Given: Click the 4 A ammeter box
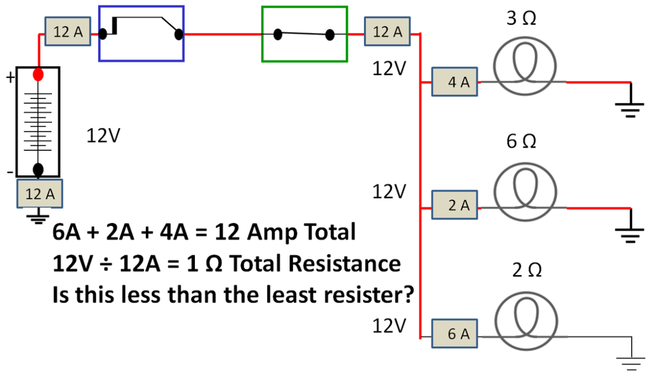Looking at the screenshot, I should pos(454,83).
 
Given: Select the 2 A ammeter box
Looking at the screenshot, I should pos(454,207).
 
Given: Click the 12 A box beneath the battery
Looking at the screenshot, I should pos(40,193).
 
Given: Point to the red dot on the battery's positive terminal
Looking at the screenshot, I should pos(38,75).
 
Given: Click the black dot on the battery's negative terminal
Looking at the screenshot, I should pos(38,169).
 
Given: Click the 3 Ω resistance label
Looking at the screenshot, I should pos(521,18).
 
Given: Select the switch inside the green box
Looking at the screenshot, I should pos(304,34).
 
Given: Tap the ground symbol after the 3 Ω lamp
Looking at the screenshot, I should pos(631,108).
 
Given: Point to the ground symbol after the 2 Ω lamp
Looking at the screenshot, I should pos(631,359).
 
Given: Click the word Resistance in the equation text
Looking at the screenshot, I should pos(344,264).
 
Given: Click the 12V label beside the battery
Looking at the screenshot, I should pos(102,135).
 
